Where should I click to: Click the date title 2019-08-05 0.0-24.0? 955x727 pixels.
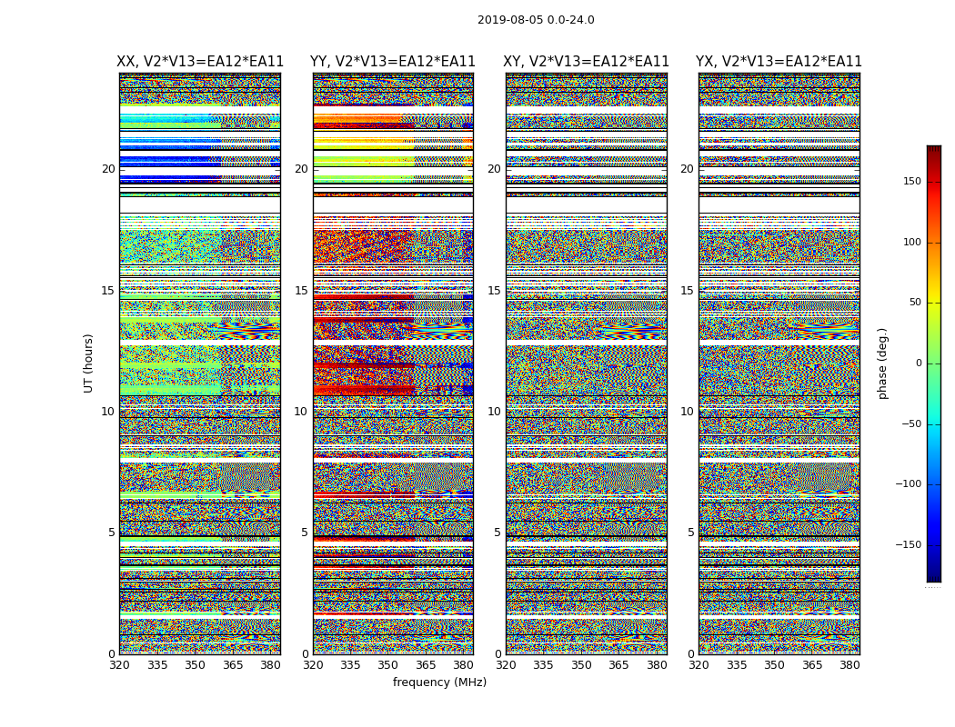pos(536,20)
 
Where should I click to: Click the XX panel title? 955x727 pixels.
pos(200,62)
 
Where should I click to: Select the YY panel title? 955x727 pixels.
pos(393,62)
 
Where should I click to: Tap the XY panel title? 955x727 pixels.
pos(587,62)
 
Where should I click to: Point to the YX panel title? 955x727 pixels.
pos(779,62)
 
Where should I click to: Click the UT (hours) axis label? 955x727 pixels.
pos(89,363)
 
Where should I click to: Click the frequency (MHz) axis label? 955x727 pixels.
pos(439,682)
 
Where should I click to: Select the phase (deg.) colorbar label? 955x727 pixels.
pos(882,363)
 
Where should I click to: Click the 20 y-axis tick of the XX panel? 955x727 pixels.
pos(108,169)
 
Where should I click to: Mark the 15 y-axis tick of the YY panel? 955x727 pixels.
pos(301,291)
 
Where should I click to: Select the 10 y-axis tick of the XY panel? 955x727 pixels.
pos(494,412)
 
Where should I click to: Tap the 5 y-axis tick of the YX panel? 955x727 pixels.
pos(690,533)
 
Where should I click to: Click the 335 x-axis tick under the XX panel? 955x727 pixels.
pos(157,665)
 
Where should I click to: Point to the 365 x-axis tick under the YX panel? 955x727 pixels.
pos(812,665)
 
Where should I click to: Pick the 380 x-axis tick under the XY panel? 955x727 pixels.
pos(657,665)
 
